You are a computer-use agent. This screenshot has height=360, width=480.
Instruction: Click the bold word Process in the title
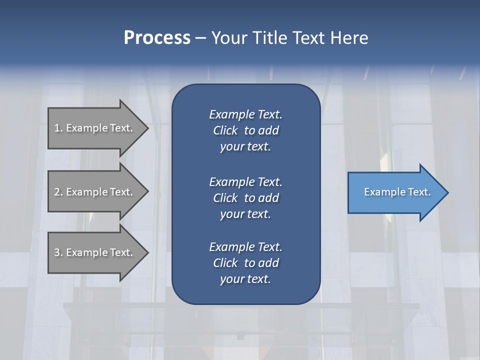(157, 38)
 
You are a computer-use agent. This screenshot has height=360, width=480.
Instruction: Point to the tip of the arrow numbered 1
(147, 128)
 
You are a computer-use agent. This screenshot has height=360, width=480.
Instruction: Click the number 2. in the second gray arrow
(58, 192)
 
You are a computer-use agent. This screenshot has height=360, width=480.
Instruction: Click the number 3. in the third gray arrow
(58, 252)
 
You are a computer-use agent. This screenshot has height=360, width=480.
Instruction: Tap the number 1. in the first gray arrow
(58, 128)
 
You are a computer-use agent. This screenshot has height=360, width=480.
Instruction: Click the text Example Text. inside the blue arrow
(397, 192)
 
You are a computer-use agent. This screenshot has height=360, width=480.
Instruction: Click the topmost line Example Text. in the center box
(245, 114)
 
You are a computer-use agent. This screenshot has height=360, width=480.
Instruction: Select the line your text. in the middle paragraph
(245, 214)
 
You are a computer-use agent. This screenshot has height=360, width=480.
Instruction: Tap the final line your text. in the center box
(245, 279)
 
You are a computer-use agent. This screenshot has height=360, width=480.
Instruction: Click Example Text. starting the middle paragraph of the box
(245, 182)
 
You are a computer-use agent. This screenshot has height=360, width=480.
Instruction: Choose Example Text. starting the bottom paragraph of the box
(245, 247)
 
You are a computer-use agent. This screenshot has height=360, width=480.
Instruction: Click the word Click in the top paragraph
(225, 131)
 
